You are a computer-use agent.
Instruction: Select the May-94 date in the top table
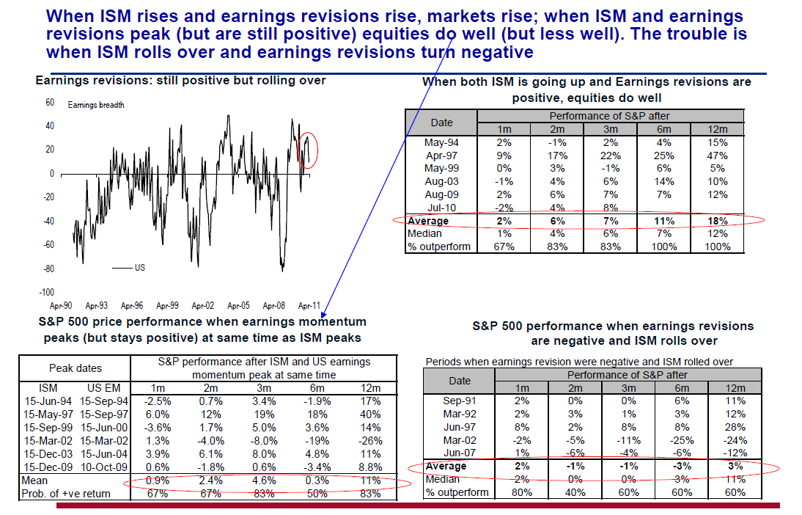tap(441, 142)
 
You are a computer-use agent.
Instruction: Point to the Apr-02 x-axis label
tap(202, 305)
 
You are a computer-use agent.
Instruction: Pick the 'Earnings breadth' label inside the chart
tap(96, 105)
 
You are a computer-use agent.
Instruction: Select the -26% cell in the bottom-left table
tap(371, 441)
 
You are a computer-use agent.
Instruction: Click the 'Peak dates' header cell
tap(76, 368)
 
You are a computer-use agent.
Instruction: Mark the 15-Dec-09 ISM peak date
tap(46, 467)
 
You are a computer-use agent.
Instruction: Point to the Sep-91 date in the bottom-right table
tap(459, 401)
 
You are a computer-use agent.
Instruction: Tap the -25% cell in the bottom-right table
tap(681, 440)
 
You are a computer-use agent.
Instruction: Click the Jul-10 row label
tap(441, 208)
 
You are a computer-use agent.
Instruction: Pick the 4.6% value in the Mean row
tap(265, 481)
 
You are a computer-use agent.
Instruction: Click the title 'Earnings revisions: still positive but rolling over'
tap(180, 81)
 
